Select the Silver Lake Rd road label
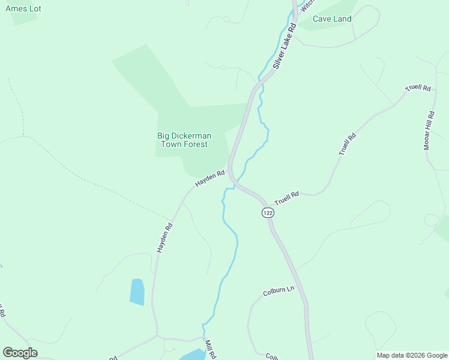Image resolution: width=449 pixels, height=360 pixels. (285, 47)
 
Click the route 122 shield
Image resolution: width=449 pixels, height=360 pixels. (268, 213)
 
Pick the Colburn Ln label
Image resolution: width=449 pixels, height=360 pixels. (279, 292)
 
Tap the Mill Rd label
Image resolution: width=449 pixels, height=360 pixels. (210, 349)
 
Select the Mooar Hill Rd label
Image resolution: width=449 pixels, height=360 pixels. (429, 130)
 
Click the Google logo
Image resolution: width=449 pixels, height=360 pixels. (20, 353)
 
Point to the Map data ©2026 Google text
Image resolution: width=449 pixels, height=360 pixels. (411, 355)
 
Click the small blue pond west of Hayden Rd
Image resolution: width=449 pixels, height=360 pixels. (137, 292)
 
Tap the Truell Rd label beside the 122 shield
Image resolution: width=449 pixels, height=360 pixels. (286, 198)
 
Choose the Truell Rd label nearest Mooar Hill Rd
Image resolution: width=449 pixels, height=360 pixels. (418, 88)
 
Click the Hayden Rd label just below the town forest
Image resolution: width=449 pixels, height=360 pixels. (209, 179)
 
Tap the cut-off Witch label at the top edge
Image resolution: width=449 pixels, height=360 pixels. (307, 5)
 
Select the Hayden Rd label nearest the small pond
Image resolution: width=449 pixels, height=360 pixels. (164, 237)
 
